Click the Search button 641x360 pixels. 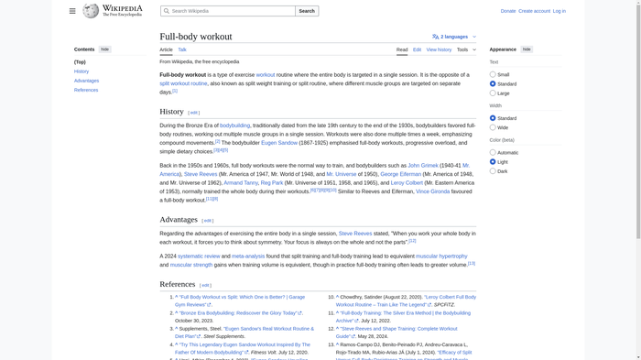tap(307, 11)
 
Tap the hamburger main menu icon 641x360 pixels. tap(72, 11)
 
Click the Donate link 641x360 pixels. tap(508, 11)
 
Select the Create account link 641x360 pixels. tap(535, 11)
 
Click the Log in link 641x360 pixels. tap(559, 11)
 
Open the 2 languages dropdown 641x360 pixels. tap(454, 37)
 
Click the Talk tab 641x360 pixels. tap(182, 49)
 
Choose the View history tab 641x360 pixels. tap(439, 49)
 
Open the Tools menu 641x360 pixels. tap(466, 49)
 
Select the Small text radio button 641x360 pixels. tap(493, 75)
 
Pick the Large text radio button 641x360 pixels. tap(493, 93)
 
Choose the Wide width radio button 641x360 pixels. tap(493, 127)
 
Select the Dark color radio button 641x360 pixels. tap(493, 171)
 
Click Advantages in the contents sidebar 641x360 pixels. tap(86, 81)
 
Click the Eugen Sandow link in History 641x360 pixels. tap(279, 143)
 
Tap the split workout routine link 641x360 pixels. tap(183, 83)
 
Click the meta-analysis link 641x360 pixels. tap(248, 256)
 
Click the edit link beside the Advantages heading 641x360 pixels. tap(208, 221)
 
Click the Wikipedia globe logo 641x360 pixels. tap(91, 11)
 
